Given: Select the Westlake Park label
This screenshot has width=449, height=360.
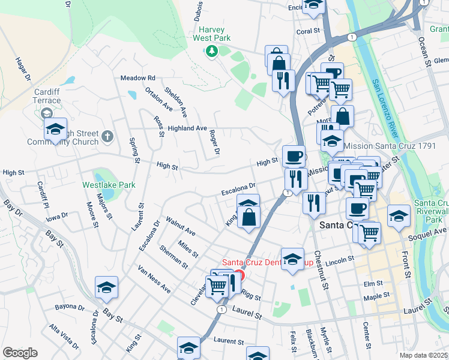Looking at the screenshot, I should coord(109,185).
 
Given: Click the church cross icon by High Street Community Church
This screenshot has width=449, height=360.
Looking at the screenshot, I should coord(107,137).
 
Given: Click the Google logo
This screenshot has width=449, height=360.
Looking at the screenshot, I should coord(20,353).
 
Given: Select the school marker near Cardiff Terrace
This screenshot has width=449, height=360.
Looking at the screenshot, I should coord(55,129).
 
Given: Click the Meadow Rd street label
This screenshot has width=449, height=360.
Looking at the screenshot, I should coord(138,78).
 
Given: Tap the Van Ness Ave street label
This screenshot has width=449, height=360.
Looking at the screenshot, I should coord(154,280).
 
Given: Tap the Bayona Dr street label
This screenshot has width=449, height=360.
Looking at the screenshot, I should coord(70,307).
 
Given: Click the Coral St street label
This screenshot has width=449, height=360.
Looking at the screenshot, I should coord(307,31).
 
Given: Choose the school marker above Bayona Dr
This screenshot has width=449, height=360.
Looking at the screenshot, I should coord(106,287).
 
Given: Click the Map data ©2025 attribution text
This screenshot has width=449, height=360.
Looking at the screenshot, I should coord(423,355).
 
